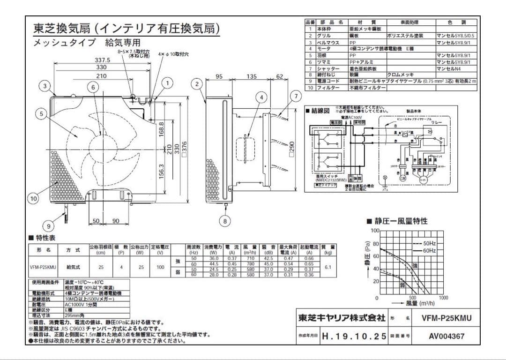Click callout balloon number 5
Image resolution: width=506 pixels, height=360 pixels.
point(42,113)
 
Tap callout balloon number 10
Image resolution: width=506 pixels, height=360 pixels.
point(33,199)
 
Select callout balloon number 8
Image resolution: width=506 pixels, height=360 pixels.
point(225,220)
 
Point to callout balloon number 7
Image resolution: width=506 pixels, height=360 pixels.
point(295,96)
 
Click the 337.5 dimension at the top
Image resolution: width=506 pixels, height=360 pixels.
point(102,60)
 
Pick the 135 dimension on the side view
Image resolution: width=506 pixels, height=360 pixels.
point(252,76)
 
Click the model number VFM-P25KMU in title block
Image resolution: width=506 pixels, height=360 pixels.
point(446,318)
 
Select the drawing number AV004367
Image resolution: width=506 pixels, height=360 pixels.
point(446,336)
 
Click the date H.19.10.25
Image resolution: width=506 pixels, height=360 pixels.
point(354,336)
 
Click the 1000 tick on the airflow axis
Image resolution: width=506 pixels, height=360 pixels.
point(443,298)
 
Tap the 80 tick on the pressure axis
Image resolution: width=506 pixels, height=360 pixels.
point(376,244)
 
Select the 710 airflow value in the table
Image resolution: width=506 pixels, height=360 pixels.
point(250,258)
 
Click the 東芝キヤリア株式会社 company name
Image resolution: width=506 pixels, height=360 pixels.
point(342,318)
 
